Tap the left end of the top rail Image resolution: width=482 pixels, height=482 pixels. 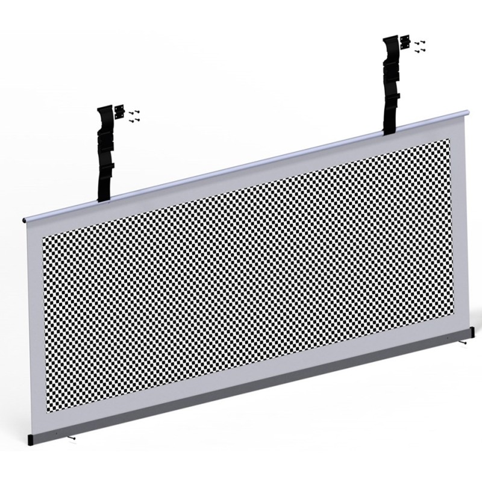click(x=26, y=220)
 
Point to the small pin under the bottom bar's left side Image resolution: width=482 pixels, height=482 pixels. click(x=72, y=437)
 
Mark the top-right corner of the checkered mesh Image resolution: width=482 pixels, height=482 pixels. click(x=449, y=140)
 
